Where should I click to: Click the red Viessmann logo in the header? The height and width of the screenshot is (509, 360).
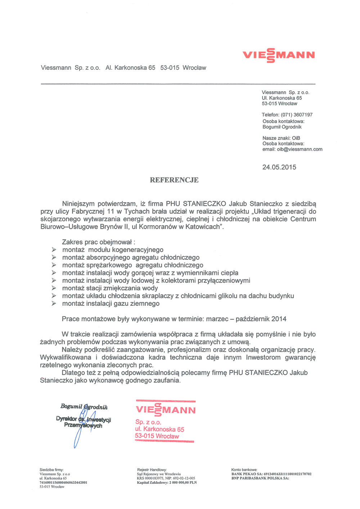(279, 55)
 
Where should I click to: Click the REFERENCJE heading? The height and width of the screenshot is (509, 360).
(174, 180)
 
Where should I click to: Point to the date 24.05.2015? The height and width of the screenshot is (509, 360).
(279, 167)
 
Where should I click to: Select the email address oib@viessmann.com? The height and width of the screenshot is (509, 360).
(300, 149)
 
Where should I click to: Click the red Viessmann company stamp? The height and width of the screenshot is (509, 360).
(165, 421)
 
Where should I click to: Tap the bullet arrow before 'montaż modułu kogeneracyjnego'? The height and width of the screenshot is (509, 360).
(54, 250)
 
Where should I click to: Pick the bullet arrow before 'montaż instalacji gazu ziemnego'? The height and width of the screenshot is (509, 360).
(54, 303)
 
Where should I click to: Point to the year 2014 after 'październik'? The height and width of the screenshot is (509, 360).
(279, 319)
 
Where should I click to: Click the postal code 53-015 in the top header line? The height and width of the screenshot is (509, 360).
(170, 68)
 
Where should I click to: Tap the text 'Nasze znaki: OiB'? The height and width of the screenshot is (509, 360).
(281, 138)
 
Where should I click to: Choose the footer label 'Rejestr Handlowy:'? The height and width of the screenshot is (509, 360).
(152, 470)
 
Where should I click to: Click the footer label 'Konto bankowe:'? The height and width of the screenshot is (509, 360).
(244, 470)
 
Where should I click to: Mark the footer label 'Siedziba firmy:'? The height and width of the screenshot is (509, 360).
(51, 470)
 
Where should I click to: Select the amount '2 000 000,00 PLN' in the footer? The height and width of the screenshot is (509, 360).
(183, 482)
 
